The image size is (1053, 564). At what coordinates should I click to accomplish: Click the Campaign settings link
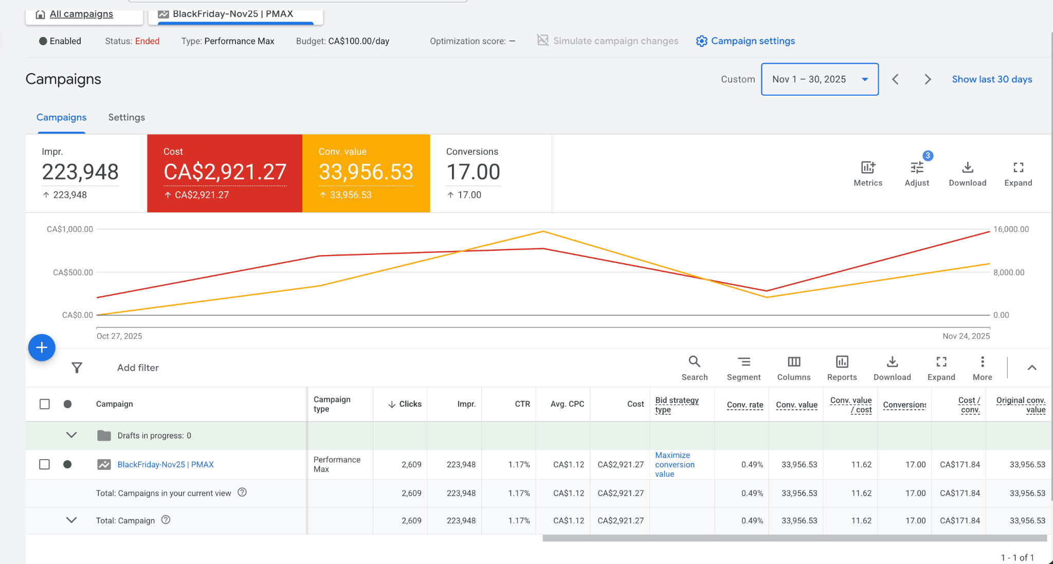[x=752, y=41]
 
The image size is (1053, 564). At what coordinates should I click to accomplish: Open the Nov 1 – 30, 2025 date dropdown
[x=819, y=79]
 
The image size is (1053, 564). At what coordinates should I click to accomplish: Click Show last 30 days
[x=991, y=79]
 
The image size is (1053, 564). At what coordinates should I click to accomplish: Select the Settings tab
[x=126, y=117]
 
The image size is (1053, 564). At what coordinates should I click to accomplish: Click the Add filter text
[x=138, y=368]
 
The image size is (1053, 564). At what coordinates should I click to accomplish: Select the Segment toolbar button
[x=743, y=368]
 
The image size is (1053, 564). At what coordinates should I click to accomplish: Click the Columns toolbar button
[x=793, y=368]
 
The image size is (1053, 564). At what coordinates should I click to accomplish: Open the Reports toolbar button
[x=842, y=368]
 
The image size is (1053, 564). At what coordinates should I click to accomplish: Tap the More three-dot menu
[x=982, y=368]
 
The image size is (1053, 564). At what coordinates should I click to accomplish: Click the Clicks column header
[x=409, y=404]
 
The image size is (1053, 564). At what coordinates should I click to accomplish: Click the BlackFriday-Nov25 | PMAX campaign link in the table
[x=166, y=464]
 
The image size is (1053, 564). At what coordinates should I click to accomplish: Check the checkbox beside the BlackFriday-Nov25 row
[x=45, y=464]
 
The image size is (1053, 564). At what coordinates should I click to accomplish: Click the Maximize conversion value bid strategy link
[x=674, y=464]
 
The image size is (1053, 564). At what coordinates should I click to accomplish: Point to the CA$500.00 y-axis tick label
[x=72, y=272]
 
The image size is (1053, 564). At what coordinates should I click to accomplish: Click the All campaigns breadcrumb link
[x=81, y=14]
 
